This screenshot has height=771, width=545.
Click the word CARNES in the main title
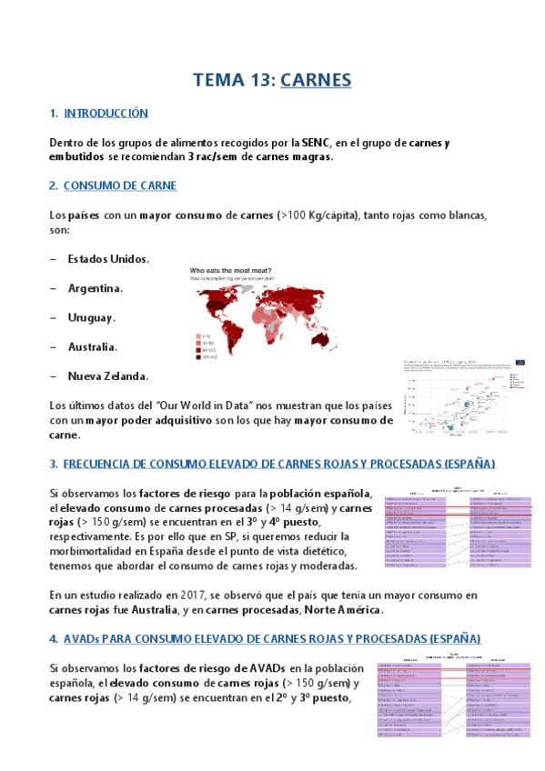point(316,81)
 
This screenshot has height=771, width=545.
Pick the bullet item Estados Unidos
point(107,259)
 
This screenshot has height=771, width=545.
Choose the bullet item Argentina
point(95,288)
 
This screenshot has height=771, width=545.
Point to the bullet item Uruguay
point(91,317)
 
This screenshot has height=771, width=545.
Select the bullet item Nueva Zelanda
point(107,375)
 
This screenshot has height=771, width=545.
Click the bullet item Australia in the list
point(93,346)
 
